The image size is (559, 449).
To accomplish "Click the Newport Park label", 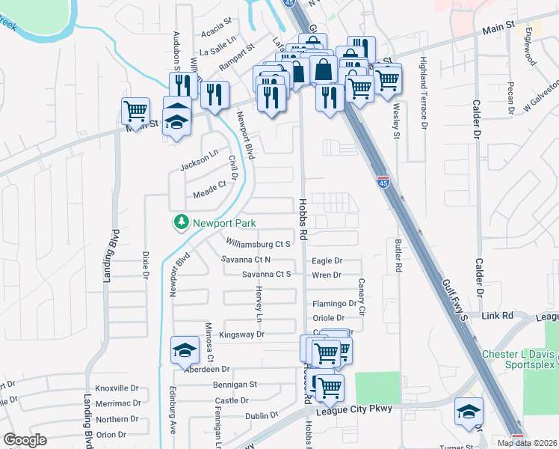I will [x=223, y=223].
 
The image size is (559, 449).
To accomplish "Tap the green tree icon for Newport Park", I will [x=180, y=222].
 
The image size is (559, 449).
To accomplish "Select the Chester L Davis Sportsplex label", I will [x=518, y=359].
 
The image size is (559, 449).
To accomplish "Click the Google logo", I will [x=25, y=440].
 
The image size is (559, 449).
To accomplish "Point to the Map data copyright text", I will [x=526, y=443].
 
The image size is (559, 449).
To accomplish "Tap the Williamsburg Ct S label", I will [x=258, y=243].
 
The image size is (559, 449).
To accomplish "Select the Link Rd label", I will [x=497, y=317].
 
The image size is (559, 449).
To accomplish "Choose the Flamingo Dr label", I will [x=334, y=304].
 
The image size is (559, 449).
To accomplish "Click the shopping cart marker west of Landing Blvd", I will [x=135, y=112].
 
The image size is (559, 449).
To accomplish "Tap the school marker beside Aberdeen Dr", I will [x=184, y=349].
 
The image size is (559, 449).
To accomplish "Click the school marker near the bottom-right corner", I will [x=469, y=411].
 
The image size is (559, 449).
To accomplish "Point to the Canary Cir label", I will [x=361, y=296].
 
